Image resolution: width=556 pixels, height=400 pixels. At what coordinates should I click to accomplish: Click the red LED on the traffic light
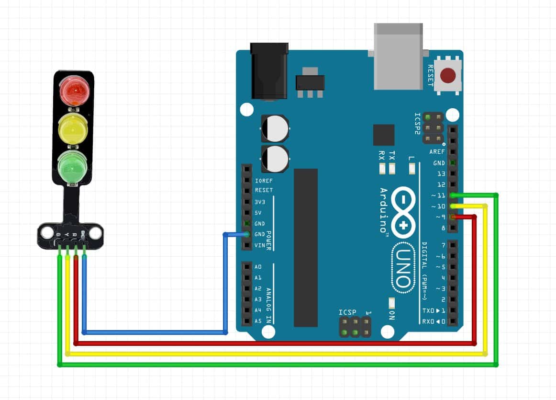point(73,90)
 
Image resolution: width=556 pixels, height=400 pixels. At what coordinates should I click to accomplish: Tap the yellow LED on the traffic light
point(73,129)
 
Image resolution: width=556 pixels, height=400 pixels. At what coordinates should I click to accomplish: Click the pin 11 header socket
point(453,195)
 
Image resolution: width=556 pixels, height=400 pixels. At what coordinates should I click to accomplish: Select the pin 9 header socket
point(453,217)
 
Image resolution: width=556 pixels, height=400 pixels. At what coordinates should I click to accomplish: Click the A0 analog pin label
point(258,267)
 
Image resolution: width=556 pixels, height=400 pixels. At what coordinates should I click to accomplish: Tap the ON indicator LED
point(392,304)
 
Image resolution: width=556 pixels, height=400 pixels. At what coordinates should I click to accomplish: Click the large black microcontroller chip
point(306,247)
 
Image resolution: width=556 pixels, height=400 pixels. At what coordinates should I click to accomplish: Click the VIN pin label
point(260,245)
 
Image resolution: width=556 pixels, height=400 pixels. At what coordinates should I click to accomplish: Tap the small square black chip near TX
point(384,135)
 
